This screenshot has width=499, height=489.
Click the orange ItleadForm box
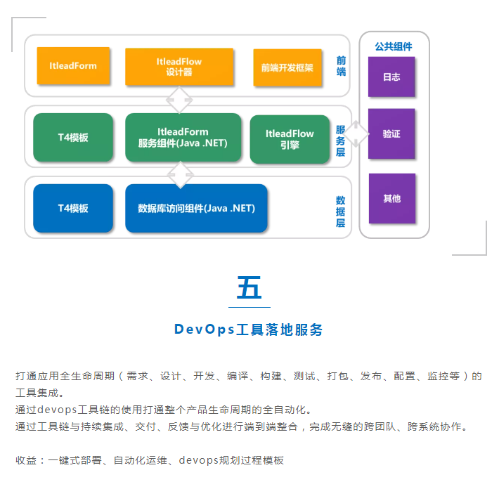(x=73, y=65)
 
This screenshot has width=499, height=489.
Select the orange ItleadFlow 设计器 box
(x=179, y=67)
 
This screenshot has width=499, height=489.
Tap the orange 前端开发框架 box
(x=287, y=67)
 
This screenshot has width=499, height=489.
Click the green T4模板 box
(x=73, y=138)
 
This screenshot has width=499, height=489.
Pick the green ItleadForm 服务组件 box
(x=183, y=138)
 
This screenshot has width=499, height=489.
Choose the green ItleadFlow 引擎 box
(x=290, y=139)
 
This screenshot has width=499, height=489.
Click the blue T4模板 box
(x=73, y=208)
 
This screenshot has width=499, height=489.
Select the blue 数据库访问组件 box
(x=196, y=208)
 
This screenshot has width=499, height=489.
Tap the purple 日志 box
(x=391, y=77)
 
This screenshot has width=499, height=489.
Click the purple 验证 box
(x=391, y=133)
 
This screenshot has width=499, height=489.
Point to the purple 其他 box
(x=392, y=199)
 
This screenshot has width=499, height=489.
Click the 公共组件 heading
(x=394, y=47)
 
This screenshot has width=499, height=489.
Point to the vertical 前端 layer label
(x=341, y=66)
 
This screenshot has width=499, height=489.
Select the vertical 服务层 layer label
(x=341, y=141)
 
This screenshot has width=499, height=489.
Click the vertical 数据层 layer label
(x=341, y=211)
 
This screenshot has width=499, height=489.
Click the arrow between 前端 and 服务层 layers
(x=179, y=100)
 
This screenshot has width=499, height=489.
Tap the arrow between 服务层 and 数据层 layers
(x=181, y=175)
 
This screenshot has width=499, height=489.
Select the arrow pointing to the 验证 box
(x=356, y=134)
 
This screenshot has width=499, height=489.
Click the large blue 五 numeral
(x=249, y=287)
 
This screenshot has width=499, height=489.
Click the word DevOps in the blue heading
(x=205, y=330)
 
